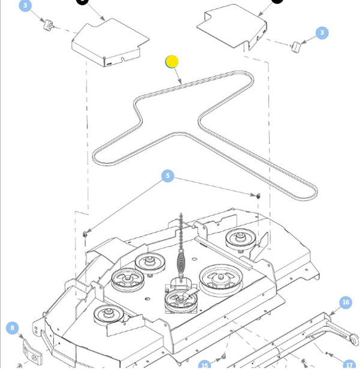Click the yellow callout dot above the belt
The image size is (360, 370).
(x=172, y=61)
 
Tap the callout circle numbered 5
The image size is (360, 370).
(x=168, y=176)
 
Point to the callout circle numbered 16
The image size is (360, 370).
(x=346, y=302)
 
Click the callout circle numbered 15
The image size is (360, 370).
(x=205, y=365)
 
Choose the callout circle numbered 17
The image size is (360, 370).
(x=349, y=365)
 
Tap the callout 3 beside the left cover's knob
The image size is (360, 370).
(x=25, y=7)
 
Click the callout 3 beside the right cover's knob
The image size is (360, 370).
(x=322, y=32)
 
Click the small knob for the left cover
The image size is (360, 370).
(x=47, y=23)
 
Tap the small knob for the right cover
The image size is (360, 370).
(x=295, y=46)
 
